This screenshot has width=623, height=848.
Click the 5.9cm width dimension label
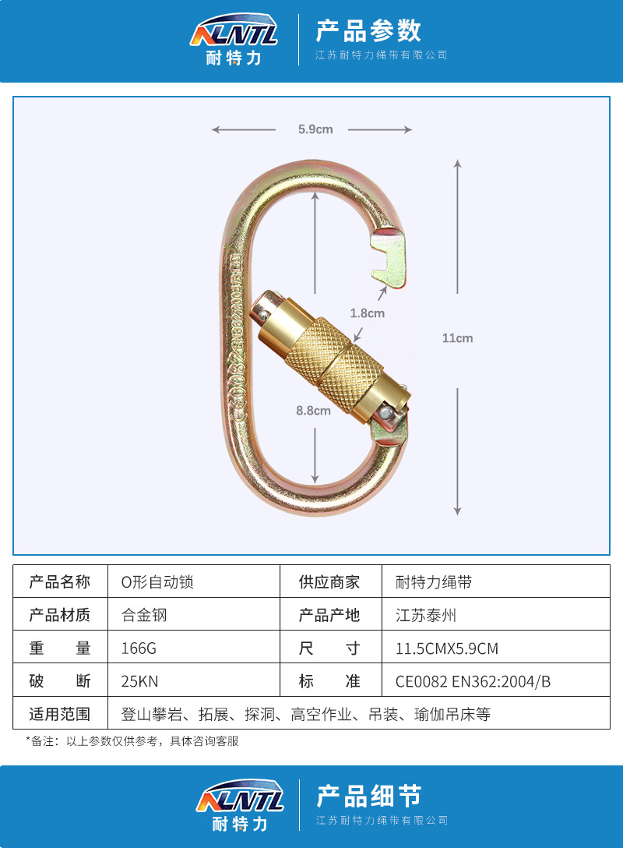(x=315, y=129)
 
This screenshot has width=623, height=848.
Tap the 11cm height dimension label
(x=457, y=338)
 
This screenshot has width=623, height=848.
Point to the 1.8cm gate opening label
(x=367, y=313)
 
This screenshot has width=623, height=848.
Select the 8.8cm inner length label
(x=313, y=411)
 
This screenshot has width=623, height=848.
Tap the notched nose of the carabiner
(x=389, y=257)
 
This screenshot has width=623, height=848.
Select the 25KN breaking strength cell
(x=139, y=680)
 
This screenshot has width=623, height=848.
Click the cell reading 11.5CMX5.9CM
(x=446, y=648)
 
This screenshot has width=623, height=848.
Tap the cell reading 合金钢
(x=144, y=615)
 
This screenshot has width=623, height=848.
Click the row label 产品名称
(x=60, y=582)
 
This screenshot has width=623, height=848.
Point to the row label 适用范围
(x=60, y=713)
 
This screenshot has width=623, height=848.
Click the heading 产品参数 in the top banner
(x=368, y=31)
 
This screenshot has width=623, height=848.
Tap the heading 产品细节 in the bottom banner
(x=368, y=796)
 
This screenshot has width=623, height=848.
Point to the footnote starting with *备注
(x=132, y=741)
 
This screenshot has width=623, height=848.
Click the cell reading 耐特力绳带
(x=434, y=582)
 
